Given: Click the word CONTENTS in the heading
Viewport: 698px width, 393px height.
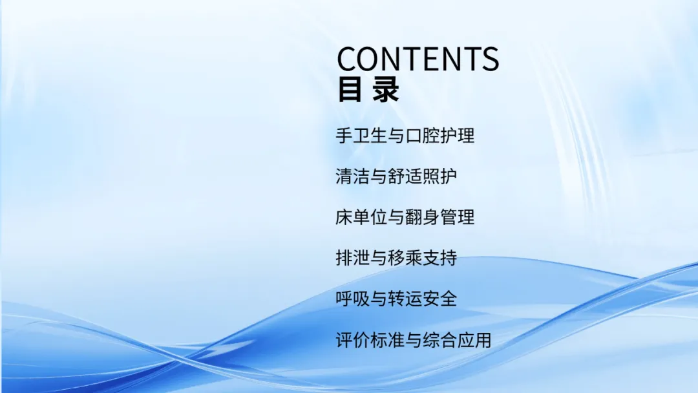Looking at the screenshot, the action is tap(418, 59).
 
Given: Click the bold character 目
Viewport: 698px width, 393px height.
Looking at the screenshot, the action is tap(350, 90).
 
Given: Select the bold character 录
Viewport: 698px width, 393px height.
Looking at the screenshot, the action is tap(385, 90).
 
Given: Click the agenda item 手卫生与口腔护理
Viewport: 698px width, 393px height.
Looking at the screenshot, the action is tap(405, 135).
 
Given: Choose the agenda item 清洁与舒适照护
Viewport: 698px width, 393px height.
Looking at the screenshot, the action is tap(396, 176).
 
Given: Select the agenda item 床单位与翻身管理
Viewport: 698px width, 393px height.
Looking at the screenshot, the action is tap(405, 217).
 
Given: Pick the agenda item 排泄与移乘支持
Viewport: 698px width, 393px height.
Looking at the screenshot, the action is tap(396, 258).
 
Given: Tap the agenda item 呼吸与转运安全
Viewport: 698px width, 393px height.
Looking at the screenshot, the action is tap(396, 299).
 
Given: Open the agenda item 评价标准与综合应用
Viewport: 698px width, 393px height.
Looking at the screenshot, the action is tap(414, 340).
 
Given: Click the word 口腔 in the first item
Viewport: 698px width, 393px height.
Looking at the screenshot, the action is tap(423, 135).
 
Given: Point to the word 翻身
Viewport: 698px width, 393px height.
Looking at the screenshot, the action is tap(423, 217).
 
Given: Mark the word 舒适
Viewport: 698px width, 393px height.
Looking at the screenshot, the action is tap(405, 176).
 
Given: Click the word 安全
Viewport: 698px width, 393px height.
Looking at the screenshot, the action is tap(440, 299).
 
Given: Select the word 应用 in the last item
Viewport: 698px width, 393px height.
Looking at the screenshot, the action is tap(474, 340).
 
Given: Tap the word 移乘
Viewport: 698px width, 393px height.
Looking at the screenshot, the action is tap(405, 258).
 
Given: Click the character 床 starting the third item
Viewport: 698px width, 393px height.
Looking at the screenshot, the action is tap(344, 217).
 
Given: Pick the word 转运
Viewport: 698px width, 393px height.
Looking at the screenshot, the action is tap(405, 299).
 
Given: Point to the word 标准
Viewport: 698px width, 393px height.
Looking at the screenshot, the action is tap(388, 340).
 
